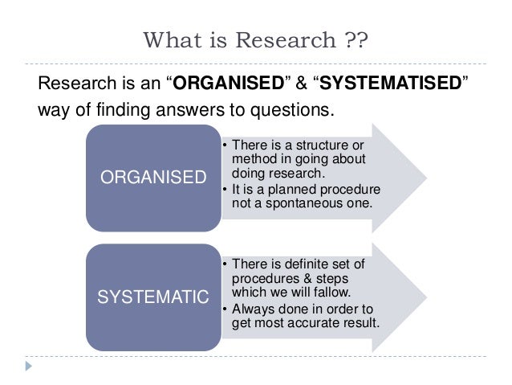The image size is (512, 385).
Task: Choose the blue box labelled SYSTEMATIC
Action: pyautogui.click(x=153, y=298)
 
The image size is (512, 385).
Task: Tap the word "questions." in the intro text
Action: pyautogui.click(x=302, y=109)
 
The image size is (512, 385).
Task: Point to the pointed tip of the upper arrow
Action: pyautogui.click(x=425, y=174)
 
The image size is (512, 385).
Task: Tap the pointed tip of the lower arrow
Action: pyautogui.click(x=425, y=294)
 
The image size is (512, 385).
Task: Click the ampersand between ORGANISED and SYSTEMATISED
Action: pyautogui.click(x=298, y=82)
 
